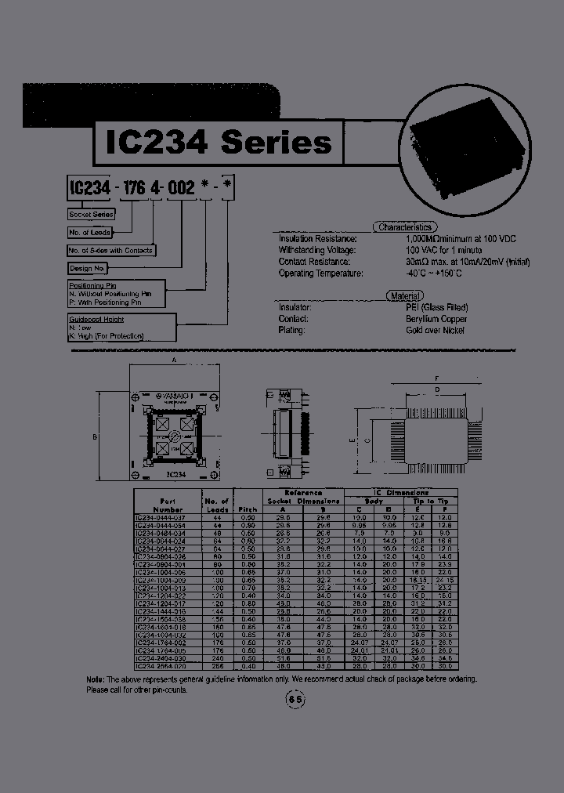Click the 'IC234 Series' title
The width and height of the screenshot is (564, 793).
218,142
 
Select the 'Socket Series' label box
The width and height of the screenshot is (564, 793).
92,214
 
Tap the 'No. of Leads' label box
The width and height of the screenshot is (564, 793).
89,232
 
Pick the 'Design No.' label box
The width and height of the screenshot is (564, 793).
88,268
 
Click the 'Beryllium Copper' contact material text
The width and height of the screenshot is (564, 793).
436,319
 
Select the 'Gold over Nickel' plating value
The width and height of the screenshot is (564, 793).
436,330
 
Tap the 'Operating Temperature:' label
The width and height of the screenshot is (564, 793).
320,273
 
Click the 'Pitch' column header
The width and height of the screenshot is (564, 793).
247,509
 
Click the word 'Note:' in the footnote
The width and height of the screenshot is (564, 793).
95,679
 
